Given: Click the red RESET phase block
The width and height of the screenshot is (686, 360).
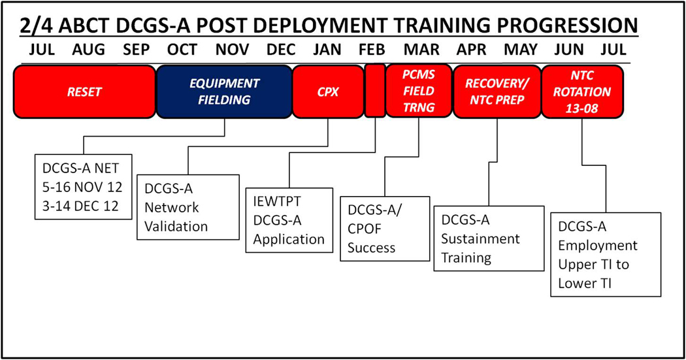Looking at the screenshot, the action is (84, 92).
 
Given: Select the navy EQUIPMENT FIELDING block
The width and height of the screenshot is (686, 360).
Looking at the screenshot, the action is (224, 92).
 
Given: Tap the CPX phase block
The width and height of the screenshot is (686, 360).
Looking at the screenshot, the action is (328, 92).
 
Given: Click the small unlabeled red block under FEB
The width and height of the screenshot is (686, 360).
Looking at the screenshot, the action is (375, 91).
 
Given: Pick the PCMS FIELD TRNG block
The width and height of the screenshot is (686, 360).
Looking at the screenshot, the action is (419, 91).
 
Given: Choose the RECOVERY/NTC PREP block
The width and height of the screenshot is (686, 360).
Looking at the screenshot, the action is (497, 92).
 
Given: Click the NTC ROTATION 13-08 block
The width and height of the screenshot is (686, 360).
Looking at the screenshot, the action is (582, 92).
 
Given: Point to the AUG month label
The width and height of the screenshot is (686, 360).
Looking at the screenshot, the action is (88, 50).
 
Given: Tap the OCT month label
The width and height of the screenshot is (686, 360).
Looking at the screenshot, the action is (182, 50).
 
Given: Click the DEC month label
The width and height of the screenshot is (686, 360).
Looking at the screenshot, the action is (281, 50).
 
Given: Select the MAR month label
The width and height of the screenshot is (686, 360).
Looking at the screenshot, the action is (421, 50).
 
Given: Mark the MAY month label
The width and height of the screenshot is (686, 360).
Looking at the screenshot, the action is (521, 50).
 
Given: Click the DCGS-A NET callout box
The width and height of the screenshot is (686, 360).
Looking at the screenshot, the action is (83, 187).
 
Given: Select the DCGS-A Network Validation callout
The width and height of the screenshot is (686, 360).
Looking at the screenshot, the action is (188, 207).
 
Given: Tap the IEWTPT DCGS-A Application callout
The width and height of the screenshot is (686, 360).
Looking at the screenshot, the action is (289, 220).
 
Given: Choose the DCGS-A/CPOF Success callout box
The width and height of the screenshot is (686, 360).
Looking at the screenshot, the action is (385, 229).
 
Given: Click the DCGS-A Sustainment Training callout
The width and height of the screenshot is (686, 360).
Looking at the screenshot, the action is (489, 239).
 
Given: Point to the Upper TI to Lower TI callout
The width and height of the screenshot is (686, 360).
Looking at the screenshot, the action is (606, 255).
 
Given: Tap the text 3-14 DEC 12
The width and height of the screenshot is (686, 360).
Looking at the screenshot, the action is (80, 206).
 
